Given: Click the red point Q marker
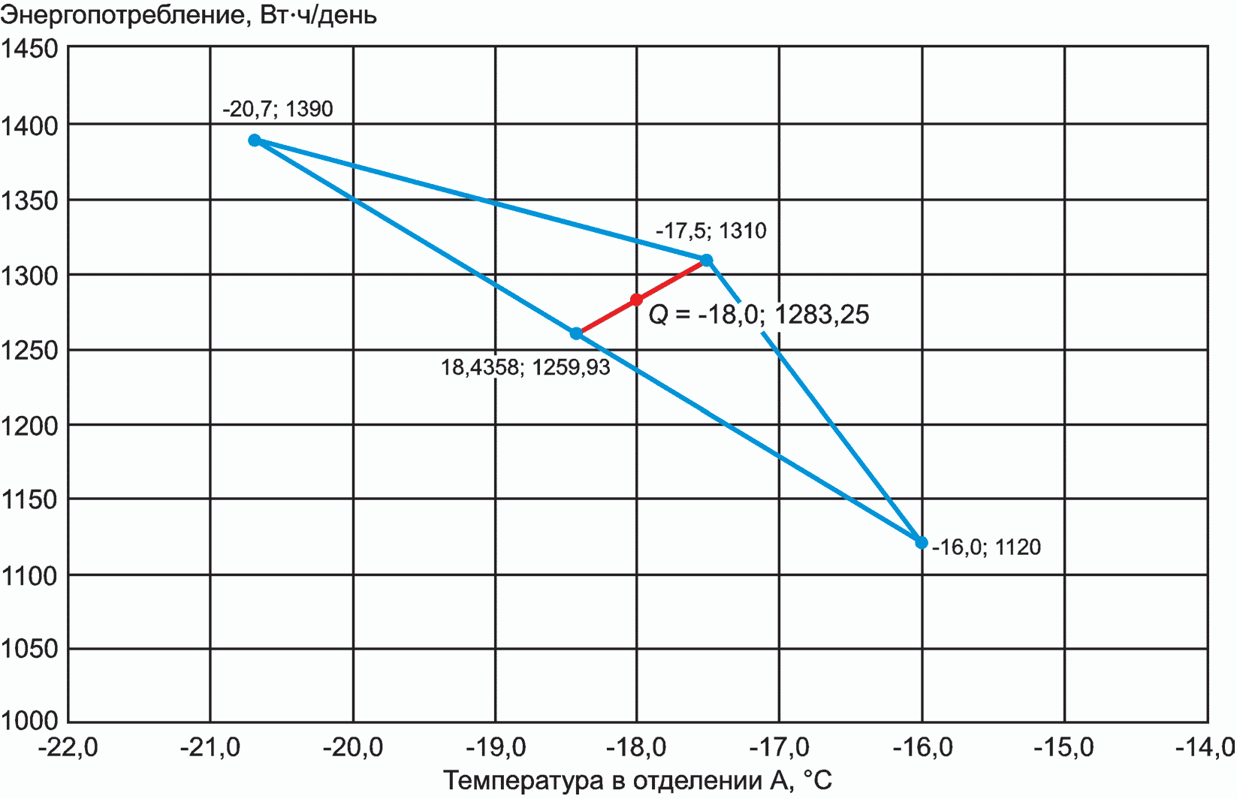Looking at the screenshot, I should click(x=637, y=300).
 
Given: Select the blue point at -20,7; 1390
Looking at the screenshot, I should click(x=255, y=140).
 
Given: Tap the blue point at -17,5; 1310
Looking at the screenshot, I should click(x=707, y=261).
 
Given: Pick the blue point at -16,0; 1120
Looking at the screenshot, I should click(x=922, y=542).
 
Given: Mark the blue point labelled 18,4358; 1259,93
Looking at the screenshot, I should click(x=576, y=333).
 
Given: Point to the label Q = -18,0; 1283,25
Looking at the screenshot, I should click(x=759, y=314).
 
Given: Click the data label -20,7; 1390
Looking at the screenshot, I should click(x=278, y=110).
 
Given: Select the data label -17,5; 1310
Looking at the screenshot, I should click(x=711, y=231).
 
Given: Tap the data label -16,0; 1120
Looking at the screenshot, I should click(x=986, y=547).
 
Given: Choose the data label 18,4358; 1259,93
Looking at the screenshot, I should click(x=525, y=367).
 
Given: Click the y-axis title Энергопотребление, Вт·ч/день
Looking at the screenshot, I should click(x=189, y=15).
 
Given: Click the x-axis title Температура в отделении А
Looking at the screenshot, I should click(x=638, y=781).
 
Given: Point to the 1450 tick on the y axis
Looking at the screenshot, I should click(x=30, y=49).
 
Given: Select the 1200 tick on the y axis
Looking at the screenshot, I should click(x=30, y=426).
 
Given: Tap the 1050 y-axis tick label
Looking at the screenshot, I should click(x=30, y=649).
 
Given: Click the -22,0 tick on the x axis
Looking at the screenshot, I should click(x=68, y=747).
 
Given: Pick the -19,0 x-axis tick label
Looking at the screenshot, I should click(x=496, y=747).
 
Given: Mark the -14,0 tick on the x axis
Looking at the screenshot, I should click(x=1208, y=747).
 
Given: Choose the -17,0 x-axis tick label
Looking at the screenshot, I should click(x=780, y=747).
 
